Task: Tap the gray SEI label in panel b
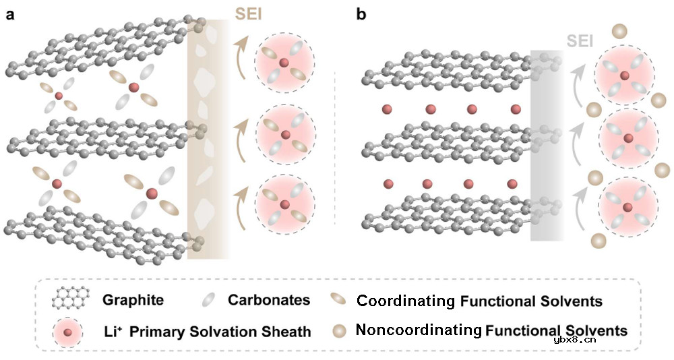click(x=580, y=40)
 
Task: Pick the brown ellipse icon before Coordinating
click(x=340, y=298)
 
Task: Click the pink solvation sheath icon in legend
click(x=68, y=331)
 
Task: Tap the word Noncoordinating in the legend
click(x=417, y=330)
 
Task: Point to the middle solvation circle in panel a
click(x=284, y=135)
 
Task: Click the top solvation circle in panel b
click(x=624, y=74)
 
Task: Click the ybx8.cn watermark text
click(x=574, y=340)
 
